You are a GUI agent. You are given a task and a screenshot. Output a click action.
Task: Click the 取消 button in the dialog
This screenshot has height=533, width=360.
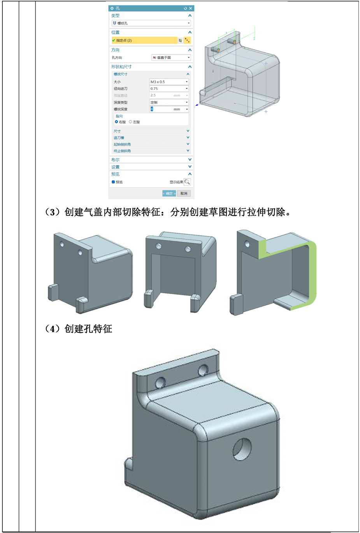coord(184,193)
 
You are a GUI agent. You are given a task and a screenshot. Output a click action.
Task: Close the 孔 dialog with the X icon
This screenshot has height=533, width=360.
coord(190,8)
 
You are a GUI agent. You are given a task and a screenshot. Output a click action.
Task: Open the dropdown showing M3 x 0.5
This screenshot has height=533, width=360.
coord(169,82)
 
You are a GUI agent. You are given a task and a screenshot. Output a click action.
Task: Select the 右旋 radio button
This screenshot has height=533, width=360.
coord(116,122)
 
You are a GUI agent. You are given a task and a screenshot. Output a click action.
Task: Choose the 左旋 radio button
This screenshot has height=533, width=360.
coord(130,122)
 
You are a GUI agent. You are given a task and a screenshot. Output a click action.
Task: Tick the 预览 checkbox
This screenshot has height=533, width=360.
coord(113,182)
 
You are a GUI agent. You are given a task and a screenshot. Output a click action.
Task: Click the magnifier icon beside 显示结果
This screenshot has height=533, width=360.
coord(187,182)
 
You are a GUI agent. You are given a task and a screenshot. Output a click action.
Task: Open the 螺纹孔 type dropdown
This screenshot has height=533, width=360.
coord(151,23)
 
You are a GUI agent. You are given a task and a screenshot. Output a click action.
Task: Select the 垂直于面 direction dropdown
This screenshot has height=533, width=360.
coord(171,57)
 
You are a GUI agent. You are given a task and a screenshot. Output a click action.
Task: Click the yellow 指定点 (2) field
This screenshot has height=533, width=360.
coord(144,40)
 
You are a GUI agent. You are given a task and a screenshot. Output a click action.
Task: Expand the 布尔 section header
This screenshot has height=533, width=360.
coord(151,160)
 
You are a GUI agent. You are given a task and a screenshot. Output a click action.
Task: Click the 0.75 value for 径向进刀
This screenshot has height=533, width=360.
coord(169,88)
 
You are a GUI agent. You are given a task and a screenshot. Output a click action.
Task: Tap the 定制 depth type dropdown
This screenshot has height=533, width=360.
coord(169,102)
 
